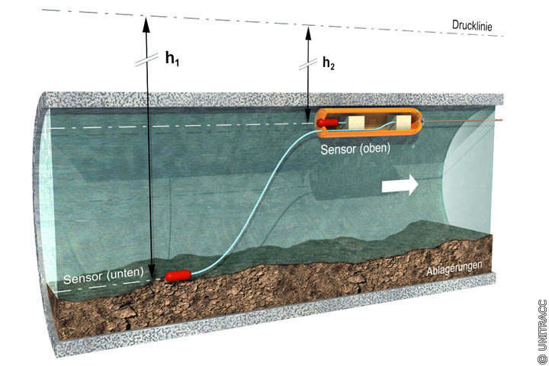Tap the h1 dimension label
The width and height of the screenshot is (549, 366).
pos(174,59)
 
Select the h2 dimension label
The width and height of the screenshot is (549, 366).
pos(328,64)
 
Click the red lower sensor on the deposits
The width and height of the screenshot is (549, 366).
pos(178,273)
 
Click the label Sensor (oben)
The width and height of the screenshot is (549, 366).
pos(355,149)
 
